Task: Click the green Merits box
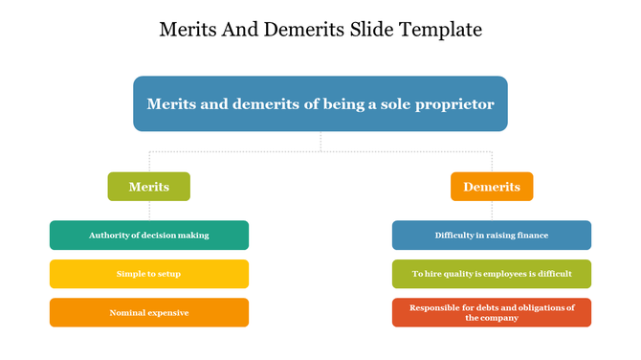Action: pyautogui.click(x=148, y=187)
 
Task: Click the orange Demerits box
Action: pyautogui.click(x=492, y=187)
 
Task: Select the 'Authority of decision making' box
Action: pyautogui.click(x=148, y=235)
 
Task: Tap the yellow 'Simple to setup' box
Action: pyautogui.click(x=148, y=274)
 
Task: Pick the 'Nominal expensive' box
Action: pyautogui.click(x=148, y=312)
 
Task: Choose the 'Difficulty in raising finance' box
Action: pyautogui.click(x=492, y=235)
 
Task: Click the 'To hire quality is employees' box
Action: pyautogui.click(x=492, y=274)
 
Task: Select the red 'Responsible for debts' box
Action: pyautogui.click(x=492, y=312)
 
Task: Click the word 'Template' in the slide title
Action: pyautogui.click(x=440, y=30)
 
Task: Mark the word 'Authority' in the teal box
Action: pyautogui.click(x=108, y=235)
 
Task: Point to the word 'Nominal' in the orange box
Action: pyautogui.click(x=127, y=312)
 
